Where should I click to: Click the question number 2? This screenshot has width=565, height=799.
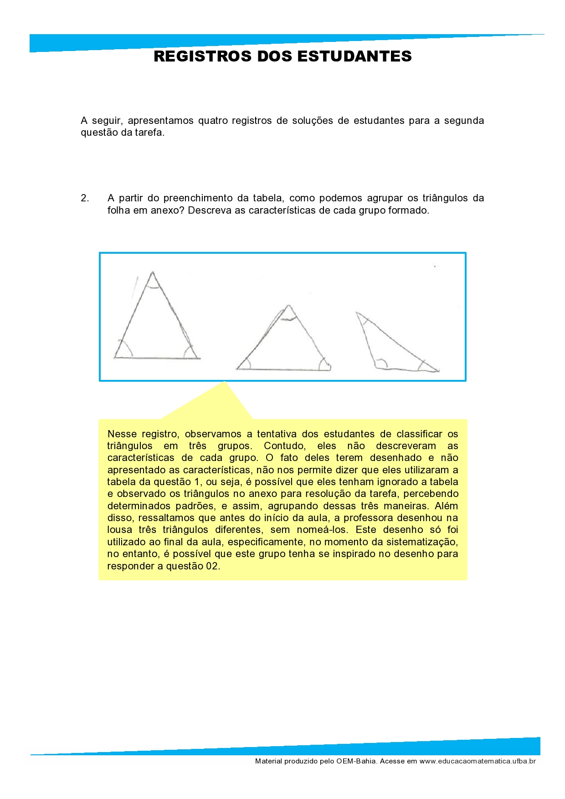[85, 198]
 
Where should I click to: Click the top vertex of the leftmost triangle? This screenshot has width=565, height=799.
[153, 272]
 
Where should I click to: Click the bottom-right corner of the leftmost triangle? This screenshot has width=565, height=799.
[199, 359]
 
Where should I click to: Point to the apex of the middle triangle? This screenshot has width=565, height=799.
[288, 305]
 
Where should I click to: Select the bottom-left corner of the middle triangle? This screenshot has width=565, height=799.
[237, 369]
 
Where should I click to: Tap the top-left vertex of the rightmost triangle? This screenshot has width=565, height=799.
[357, 312]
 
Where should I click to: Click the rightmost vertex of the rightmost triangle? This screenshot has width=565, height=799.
[438, 371]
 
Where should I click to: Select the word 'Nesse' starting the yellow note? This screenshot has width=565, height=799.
[121, 434]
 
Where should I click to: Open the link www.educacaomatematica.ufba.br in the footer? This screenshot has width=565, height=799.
[478, 761]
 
